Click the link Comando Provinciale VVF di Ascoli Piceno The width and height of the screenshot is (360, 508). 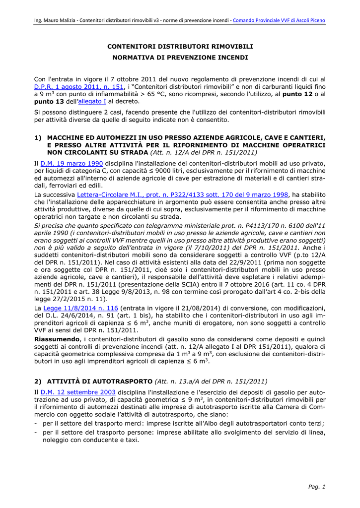pos(279,20)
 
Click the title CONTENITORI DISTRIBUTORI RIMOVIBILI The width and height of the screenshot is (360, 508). pos(180,46)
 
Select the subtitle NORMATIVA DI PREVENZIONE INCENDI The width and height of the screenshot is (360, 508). pos(180,58)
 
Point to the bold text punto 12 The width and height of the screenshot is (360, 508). pos(297,94)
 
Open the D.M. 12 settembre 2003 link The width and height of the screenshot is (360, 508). pos(78,392)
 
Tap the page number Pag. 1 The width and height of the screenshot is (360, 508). pos(317,487)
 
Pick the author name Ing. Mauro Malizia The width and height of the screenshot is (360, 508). pos(54,20)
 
